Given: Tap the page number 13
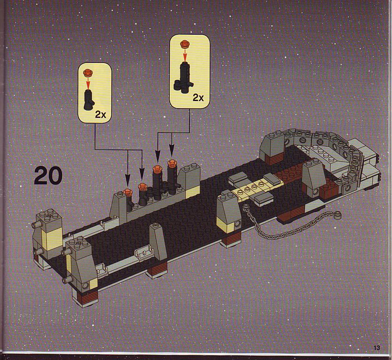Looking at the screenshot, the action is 377,348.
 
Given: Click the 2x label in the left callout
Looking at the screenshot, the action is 101,115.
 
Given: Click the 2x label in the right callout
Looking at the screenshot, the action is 198,98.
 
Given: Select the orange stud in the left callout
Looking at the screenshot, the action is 88,72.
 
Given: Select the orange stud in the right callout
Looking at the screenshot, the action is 185,44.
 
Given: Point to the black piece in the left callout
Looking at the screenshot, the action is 88,100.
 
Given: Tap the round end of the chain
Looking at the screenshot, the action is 337,214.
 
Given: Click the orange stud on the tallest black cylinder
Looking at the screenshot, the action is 172,163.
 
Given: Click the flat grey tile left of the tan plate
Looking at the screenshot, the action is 238,178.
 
